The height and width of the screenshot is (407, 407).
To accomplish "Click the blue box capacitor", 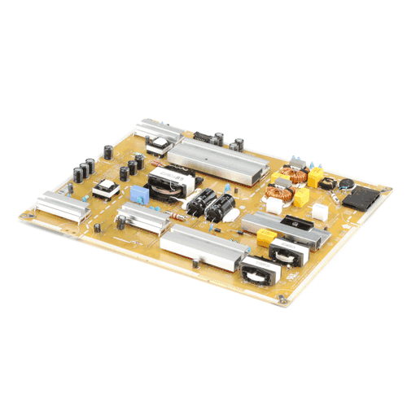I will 139,195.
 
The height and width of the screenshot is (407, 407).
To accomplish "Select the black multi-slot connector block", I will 359,196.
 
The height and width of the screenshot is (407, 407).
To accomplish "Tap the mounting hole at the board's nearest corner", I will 282,300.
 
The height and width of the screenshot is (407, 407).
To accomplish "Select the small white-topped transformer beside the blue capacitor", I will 106,190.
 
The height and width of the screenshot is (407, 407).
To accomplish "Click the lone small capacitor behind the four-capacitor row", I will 108,151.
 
